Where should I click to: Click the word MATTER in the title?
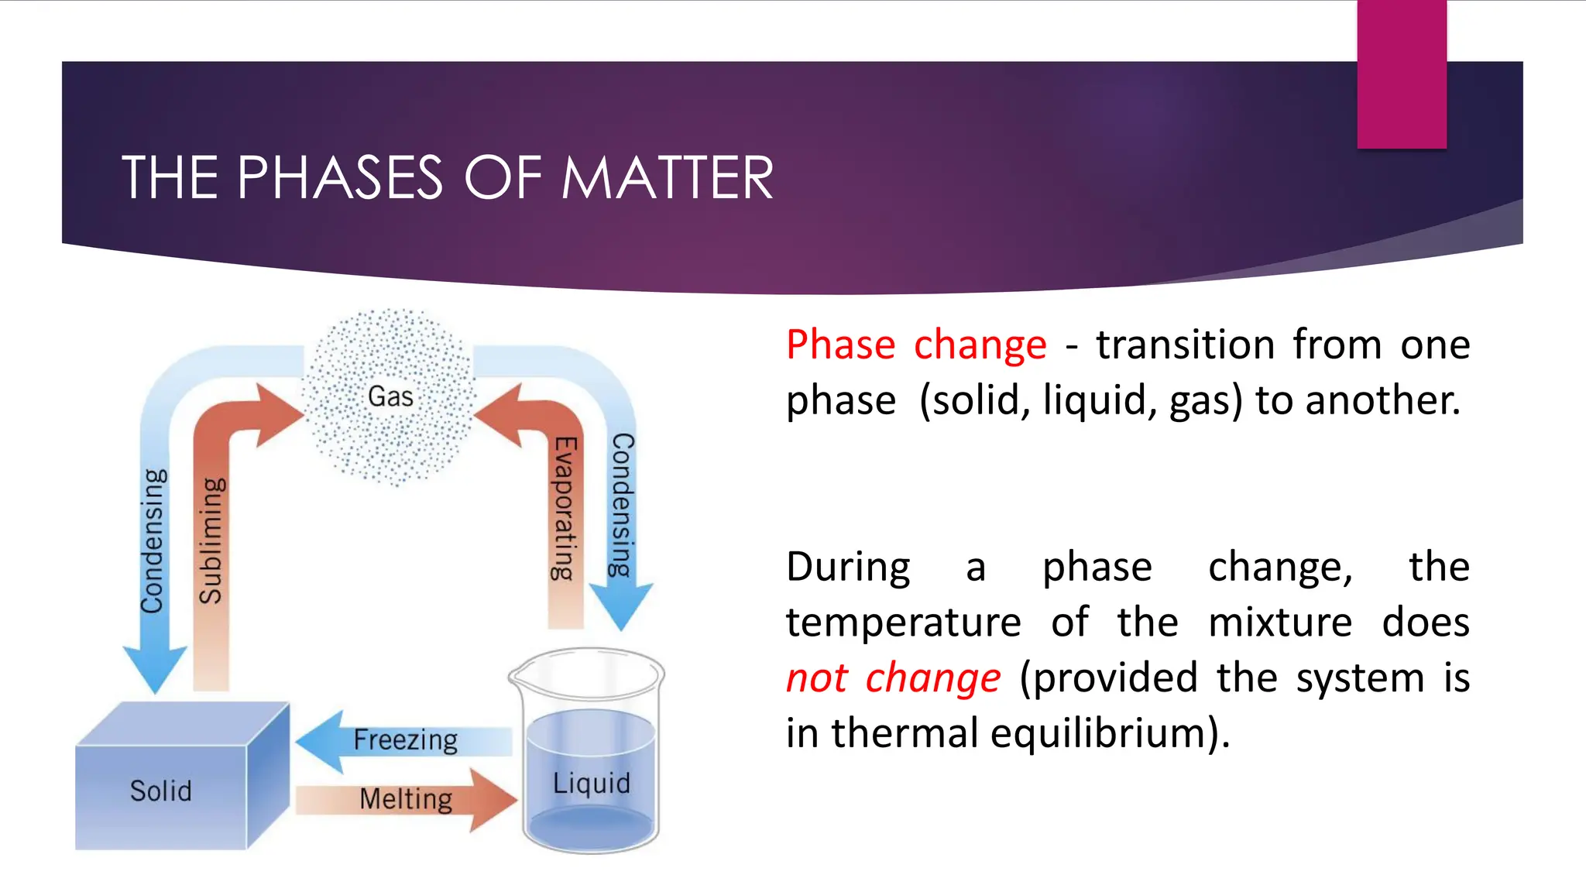[667, 178]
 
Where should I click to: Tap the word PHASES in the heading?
[340, 178]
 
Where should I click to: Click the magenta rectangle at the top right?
[1402, 74]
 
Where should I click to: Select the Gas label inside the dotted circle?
[390, 396]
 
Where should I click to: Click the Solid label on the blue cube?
[160, 791]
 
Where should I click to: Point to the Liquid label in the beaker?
[591, 784]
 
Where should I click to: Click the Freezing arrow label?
[405, 740]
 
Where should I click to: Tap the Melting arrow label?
[406, 799]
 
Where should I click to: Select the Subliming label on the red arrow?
[211, 540]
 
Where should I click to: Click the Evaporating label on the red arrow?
[565, 508]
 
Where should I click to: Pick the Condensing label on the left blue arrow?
[153, 540]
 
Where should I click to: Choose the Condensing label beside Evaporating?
[622, 505]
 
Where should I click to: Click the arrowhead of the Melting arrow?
[493, 800]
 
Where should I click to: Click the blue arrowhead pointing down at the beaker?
[621, 607]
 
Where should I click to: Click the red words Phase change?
[916, 345]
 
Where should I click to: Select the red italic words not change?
[893, 678]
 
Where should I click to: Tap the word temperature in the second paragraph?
[903, 623]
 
